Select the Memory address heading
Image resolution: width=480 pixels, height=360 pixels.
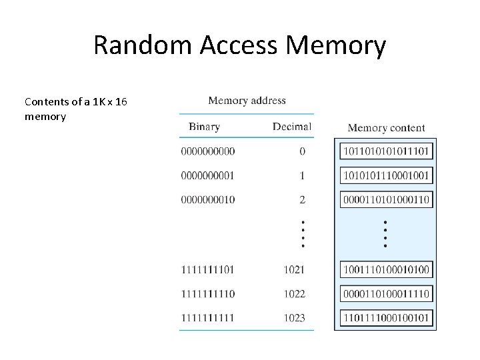247,101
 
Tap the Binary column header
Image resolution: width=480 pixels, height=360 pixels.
204,126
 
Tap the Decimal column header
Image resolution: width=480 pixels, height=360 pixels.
291,126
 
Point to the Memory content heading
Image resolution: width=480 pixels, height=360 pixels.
386,127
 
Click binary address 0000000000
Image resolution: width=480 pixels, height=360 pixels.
207,151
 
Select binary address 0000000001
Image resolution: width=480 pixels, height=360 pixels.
207,175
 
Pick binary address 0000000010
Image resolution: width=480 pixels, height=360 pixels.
207,199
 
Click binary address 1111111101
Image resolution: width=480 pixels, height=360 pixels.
207,270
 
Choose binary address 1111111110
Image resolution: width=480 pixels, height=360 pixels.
207,294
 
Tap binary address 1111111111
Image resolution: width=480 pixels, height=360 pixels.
207,318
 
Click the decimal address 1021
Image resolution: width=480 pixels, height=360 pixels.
293,270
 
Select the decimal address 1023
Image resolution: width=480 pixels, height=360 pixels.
293,318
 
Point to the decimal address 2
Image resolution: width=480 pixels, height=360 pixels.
302,199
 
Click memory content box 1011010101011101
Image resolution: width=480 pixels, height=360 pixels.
386,151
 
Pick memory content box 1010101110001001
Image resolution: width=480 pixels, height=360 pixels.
386,175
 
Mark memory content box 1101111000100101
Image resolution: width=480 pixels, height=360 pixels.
386,318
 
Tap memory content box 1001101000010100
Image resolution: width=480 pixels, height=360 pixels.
386,270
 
